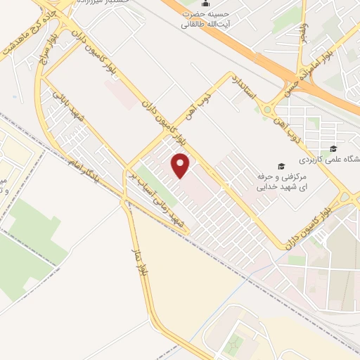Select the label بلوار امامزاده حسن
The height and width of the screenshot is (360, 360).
[308, 70]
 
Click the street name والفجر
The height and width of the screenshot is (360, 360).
[304, 31]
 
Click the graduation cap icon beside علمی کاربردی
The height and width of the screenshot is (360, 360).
[333, 148]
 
